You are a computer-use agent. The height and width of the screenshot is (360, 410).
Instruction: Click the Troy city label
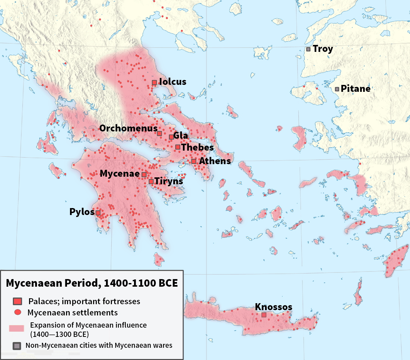tap(323, 49)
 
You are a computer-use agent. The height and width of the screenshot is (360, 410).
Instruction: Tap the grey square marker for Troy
tap(308, 49)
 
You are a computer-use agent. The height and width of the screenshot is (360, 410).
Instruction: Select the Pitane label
tap(356, 89)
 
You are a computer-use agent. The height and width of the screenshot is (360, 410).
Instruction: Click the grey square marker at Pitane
tap(337, 89)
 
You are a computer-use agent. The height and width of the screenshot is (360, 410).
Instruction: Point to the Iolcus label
tap(173, 82)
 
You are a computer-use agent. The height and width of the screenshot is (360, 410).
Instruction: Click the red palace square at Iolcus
tap(154, 83)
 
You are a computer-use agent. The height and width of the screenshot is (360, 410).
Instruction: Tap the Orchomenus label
tap(128, 128)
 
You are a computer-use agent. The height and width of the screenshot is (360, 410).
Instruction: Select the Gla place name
tap(181, 136)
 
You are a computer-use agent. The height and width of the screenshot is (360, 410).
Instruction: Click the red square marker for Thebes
tap(178, 147)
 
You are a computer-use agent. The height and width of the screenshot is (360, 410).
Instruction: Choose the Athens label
tap(215, 161)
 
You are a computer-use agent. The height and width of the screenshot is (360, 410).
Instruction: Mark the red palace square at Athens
tap(194, 162)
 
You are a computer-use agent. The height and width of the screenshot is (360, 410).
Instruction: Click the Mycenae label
tap(120, 174)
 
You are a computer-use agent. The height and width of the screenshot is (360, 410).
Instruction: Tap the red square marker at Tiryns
tap(151, 181)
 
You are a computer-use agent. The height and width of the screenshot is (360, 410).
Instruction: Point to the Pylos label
tap(82, 212)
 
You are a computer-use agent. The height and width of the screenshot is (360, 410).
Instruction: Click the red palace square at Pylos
tap(98, 213)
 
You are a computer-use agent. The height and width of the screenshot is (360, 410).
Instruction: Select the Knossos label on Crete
tap(274, 307)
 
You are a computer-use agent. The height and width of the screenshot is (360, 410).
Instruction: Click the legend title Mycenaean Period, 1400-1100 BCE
tap(92, 283)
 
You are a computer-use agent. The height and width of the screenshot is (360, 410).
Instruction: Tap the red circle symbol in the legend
tap(18, 312)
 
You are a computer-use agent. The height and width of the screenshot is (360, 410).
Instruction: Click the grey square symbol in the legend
tap(17, 346)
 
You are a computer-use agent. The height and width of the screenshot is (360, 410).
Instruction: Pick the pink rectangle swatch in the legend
tap(17, 328)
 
